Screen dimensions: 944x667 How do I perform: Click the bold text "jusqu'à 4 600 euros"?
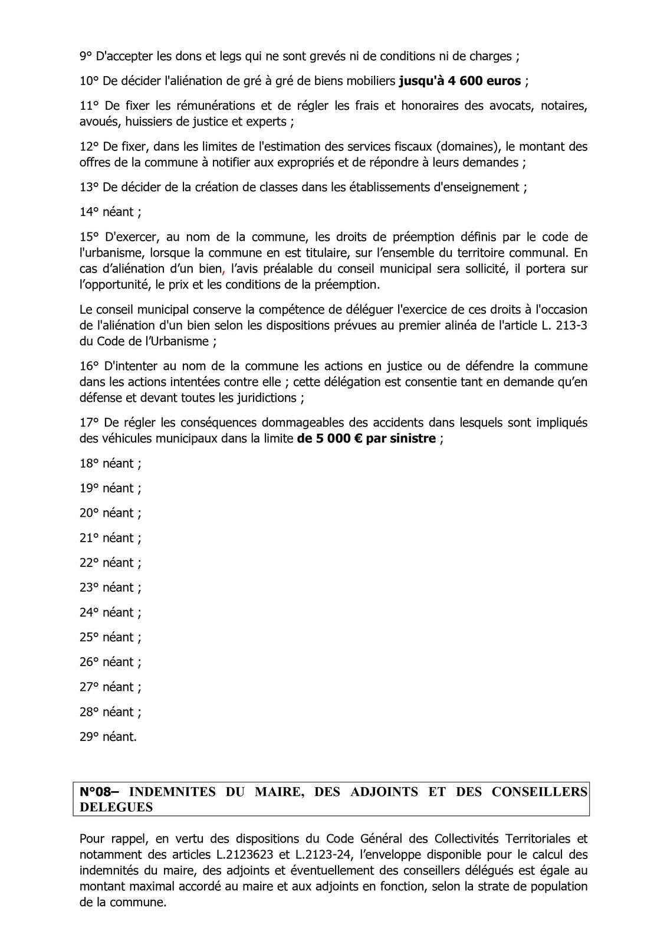(x=460, y=81)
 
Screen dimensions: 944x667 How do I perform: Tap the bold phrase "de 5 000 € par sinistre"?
(x=366, y=438)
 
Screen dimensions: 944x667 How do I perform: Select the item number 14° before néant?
(x=89, y=212)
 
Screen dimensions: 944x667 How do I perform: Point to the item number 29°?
(x=89, y=736)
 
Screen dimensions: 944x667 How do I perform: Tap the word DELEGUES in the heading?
(x=116, y=807)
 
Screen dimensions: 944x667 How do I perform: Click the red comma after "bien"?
(x=224, y=269)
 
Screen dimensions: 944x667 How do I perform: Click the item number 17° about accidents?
(x=89, y=422)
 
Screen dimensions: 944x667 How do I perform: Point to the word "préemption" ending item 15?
(x=350, y=284)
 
